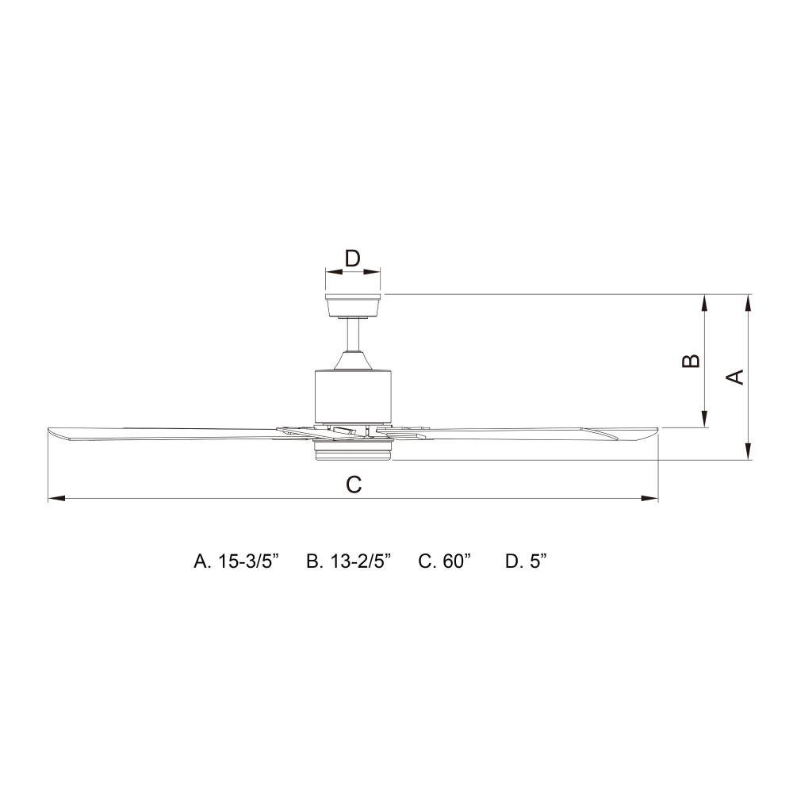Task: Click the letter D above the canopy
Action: click(352, 259)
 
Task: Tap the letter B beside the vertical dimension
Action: click(691, 361)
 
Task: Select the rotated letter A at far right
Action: click(735, 377)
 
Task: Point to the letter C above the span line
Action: click(354, 485)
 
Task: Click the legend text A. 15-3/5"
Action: click(236, 561)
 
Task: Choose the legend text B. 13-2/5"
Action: click(349, 561)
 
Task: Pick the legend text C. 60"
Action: click(445, 561)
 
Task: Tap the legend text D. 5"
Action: click(526, 561)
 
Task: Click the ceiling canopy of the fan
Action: click(353, 305)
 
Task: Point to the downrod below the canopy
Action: click(353, 335)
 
